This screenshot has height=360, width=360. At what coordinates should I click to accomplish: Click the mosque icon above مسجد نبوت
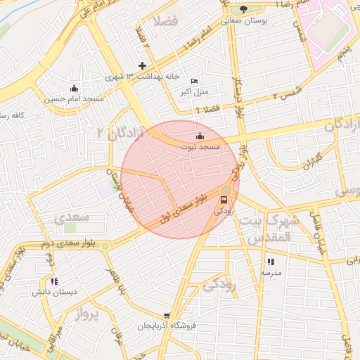(x=200, y=136)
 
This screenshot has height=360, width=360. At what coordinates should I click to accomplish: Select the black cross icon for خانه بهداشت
(x=142, y=65)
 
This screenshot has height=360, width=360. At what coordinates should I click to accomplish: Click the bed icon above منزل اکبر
(x=194, y=82)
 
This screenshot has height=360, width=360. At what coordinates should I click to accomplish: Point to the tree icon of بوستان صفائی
(x=243, y=9)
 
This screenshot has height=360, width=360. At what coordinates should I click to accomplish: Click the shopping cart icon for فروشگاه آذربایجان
(x=167, y=316)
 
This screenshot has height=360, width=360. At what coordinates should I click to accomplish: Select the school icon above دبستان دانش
(x=54, y=281)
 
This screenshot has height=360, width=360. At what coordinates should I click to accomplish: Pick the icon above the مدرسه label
(x=271, y=262)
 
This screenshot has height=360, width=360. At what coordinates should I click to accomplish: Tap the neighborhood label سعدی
(x=71, y=218)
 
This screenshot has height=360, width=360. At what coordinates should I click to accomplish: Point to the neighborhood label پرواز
(x=89, y=314)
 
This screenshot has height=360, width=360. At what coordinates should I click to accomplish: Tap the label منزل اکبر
(x=191, y=92)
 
